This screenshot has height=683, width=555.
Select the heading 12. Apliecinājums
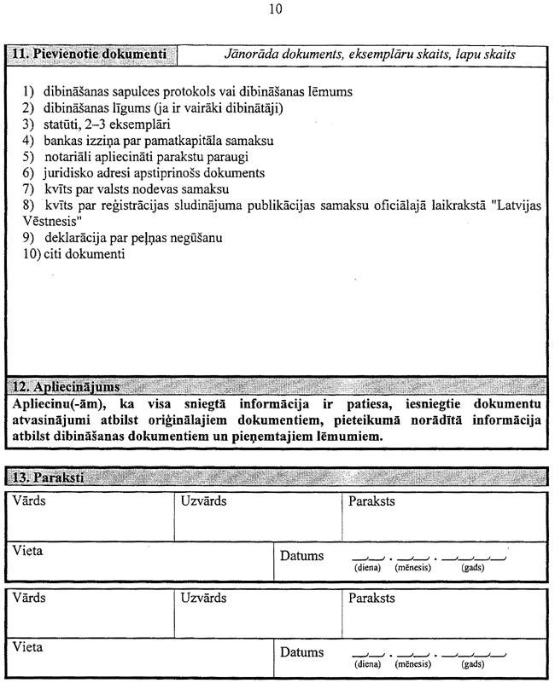coord(64,387)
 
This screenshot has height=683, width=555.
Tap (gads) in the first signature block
coord(472,566)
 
